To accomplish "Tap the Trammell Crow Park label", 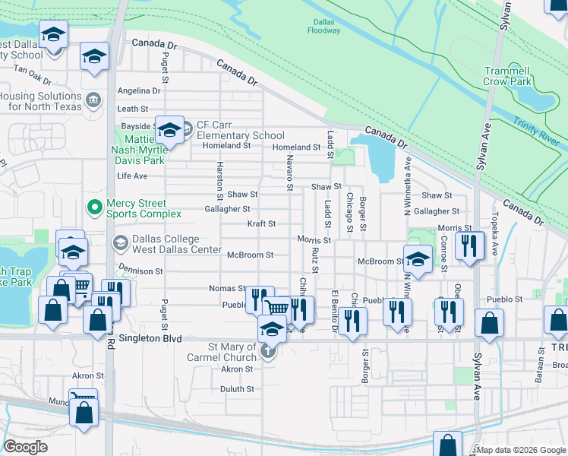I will tap(517, 75).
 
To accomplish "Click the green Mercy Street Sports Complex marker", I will tap(95, 206).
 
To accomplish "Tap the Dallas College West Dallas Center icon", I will tap(120, 242).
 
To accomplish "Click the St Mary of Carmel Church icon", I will tap(267, 350).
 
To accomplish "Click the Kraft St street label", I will tap(261, 224).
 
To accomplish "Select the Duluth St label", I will tap(237, 388).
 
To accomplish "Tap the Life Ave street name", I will tap(131, 176).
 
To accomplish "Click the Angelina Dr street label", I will tap(137, 90).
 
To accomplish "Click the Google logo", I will tap(26, 447).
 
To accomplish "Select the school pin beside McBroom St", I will tap(418, 258).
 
